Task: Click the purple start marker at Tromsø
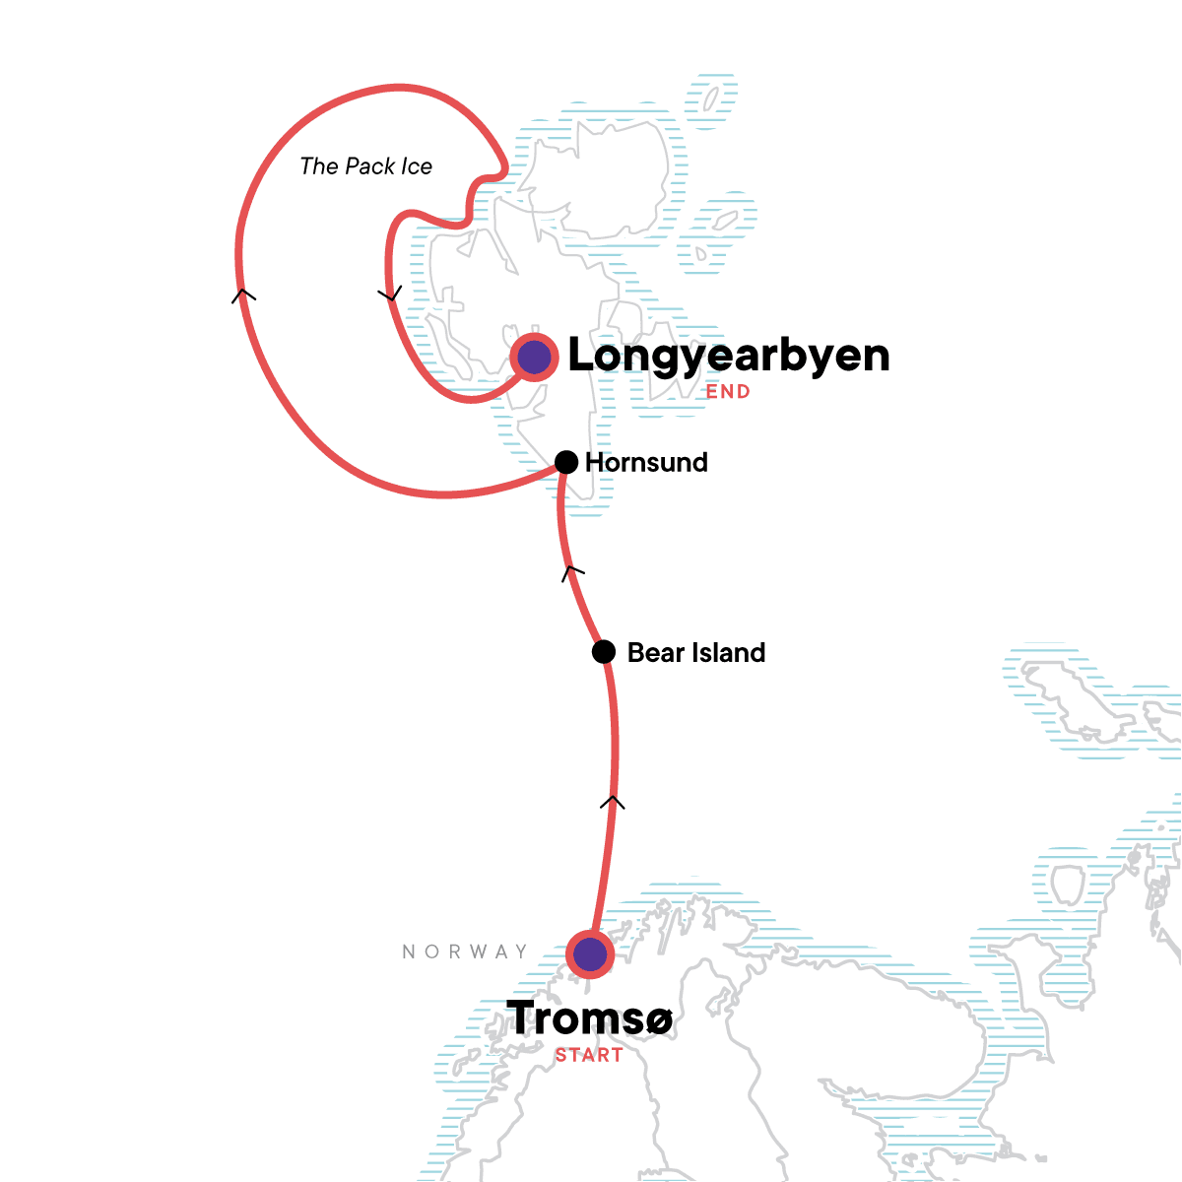[590, 953]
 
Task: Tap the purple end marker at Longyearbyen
[535, 357]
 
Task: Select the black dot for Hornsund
[566, 462]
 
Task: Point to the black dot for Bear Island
[604, 652]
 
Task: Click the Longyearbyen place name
[728, 356]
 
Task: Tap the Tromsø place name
[589, 1018]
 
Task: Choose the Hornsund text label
[646, 462]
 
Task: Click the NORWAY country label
[465, 952]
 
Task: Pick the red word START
[589, 1055]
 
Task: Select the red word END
[728, 392]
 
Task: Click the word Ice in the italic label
[417, 166]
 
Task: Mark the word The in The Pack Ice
[319, 166]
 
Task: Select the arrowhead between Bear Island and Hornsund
[572, 570]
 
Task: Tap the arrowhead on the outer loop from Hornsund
[243, 294]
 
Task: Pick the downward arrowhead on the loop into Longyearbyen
[391, 294]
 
